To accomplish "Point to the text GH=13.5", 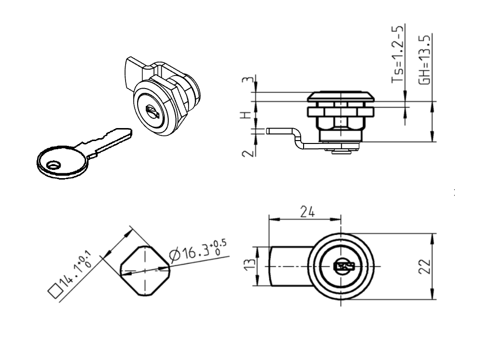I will tap(424, 59).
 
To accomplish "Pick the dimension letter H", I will tap(245, 116).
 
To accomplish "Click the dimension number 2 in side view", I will tap(246, 153).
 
